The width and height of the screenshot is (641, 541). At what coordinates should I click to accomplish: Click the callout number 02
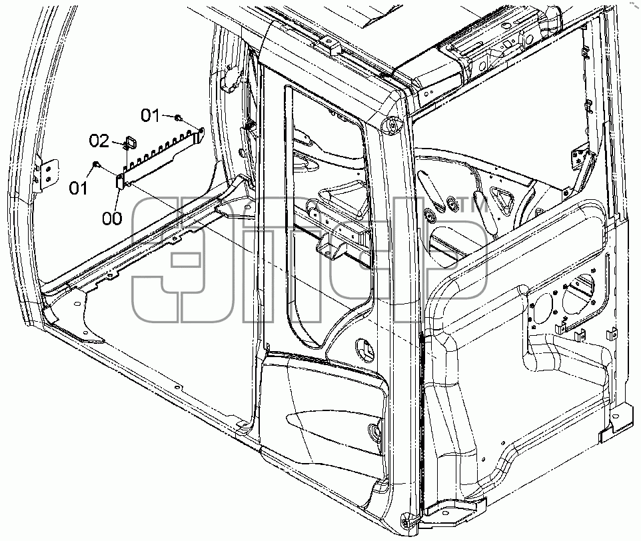[x=99, y=141]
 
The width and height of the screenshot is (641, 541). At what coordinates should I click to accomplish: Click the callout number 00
[x=112, y=218]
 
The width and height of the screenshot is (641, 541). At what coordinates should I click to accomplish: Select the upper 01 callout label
[x=150, y=116]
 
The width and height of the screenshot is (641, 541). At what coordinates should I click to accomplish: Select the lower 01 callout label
[x=78, y=189]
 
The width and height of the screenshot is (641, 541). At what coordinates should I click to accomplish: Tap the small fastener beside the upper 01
[x=178, y=118]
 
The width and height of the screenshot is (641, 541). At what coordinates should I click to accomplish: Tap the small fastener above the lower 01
[x=97, y=164]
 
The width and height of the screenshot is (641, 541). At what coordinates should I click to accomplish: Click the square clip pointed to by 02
[x=131, y=143]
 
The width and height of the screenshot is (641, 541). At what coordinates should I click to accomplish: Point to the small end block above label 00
[x=120, y=181]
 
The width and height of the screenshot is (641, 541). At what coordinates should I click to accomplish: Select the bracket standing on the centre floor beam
[x=332, y=246]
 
